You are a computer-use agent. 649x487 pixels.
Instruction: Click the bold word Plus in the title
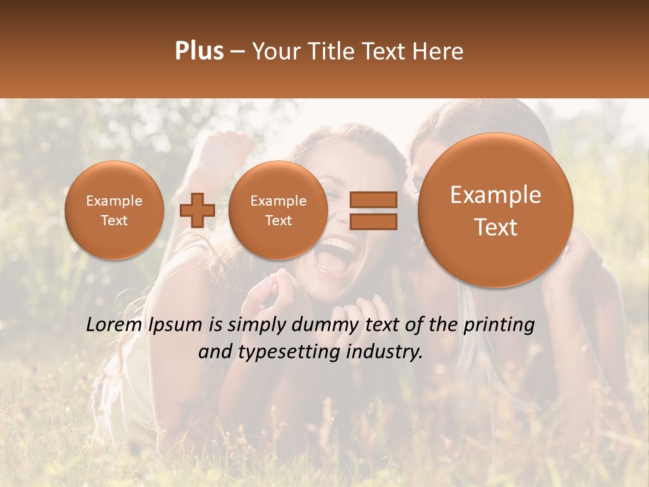[x=199, y=51]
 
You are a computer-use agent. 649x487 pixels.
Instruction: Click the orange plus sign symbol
[x=197, y=210]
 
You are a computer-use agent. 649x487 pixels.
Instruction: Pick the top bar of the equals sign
[x=372, y=200]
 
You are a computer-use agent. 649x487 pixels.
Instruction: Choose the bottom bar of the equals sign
[x=372, y=221]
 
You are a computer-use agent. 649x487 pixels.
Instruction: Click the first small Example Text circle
[x=114, y=210]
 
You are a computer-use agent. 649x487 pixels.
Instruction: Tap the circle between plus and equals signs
[x=278, y=210]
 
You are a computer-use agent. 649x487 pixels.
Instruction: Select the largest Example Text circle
[x=496, y=210]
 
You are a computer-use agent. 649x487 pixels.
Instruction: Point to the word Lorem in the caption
[x=113, y=325]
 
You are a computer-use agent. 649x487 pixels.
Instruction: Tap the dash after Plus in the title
[x=237, y=51]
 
